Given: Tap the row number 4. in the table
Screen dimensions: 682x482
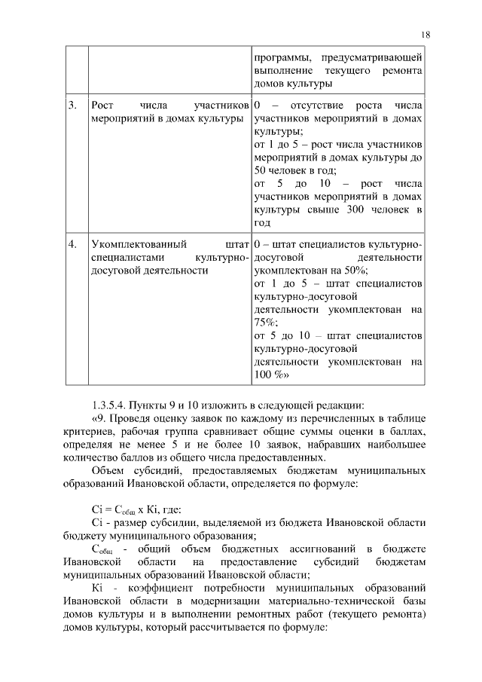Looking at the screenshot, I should pos(72,245).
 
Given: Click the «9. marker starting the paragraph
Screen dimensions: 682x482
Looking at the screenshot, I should pos(99,417).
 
